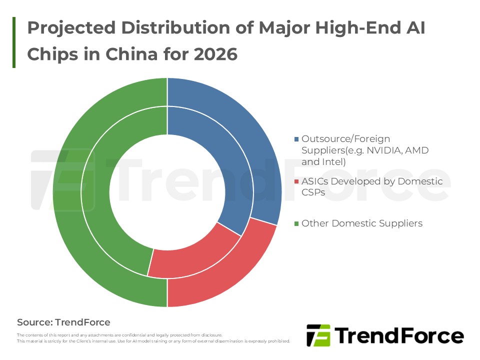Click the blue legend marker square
point(297,139)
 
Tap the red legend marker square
point(297,181)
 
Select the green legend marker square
point(297,223)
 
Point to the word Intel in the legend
point(332,161)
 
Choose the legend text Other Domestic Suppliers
point(362,223)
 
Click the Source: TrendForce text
point(63,322)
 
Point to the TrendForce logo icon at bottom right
point(318,335)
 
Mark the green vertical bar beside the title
point(14,42)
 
